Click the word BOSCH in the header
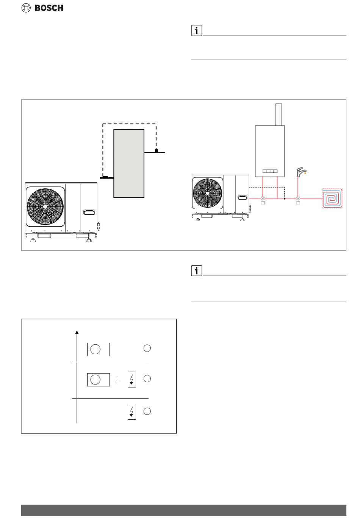[x=49, y=8]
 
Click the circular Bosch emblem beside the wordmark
[x=26, y=8]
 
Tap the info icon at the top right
[x=196, y=31]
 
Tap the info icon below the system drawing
[x=196, y=270]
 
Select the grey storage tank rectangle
[x=129, y=163]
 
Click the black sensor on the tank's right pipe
[x=156, y=151]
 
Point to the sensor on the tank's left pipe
[x=106, y=177]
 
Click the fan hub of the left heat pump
[x=45, y=206]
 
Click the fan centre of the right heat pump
[x=207, y=192]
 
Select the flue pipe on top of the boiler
[x=279, y=114]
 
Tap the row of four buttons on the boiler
[x=270, y=171]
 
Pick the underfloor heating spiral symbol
[x=332, y=198]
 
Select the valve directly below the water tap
[x=298, y=198]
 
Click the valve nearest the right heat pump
[x=263, y=198]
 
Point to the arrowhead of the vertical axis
[x=77, y=332]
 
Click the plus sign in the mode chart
[x=118, y=379]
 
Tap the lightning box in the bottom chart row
[x=131, y=411]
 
